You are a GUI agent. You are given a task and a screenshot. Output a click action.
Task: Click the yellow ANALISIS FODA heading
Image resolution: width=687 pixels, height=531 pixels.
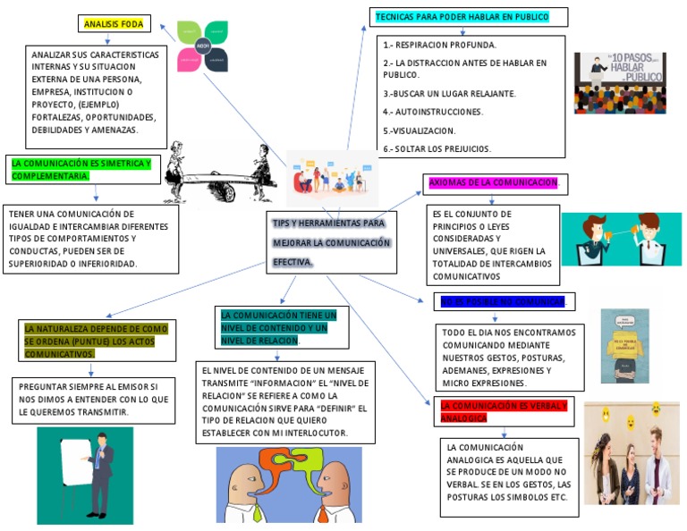pyautogui.click(x=114, y=24)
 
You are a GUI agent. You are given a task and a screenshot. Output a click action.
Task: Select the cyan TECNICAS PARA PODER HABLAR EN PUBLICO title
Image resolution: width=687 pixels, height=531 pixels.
pyautogui.click(x=461, y=17)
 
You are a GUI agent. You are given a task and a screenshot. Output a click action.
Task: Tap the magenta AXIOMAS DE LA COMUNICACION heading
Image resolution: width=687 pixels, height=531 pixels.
pyautogui.click(x=493, y=182)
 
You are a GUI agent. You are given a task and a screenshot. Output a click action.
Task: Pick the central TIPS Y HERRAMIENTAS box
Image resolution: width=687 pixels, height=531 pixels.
pyautogui.click(x=332, y=241)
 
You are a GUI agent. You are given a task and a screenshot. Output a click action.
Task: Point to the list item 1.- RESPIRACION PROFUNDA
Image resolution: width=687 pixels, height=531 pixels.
pyautogui.click(x=440, y=45)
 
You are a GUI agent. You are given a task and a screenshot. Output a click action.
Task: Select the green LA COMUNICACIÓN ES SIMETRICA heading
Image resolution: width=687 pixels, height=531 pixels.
pyautogui.click(x=81, y=169)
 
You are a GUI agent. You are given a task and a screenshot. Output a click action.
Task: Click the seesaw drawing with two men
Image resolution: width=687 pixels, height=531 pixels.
pyautogui.click(x=220, y=171)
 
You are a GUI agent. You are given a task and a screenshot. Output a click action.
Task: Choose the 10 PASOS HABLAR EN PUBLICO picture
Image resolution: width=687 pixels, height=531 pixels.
pyautogui.click(x=620, y=82)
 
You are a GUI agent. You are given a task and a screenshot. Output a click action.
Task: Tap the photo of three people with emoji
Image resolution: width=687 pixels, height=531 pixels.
pyautogui.click(x=632, y=452)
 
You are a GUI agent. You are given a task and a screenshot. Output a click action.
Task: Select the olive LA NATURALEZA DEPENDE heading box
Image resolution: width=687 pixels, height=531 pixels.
pyautogui.click(x=97, y=341)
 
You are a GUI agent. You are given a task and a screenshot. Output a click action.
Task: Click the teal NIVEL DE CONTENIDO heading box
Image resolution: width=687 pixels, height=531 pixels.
pyautogui.click(x=278, y=328)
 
